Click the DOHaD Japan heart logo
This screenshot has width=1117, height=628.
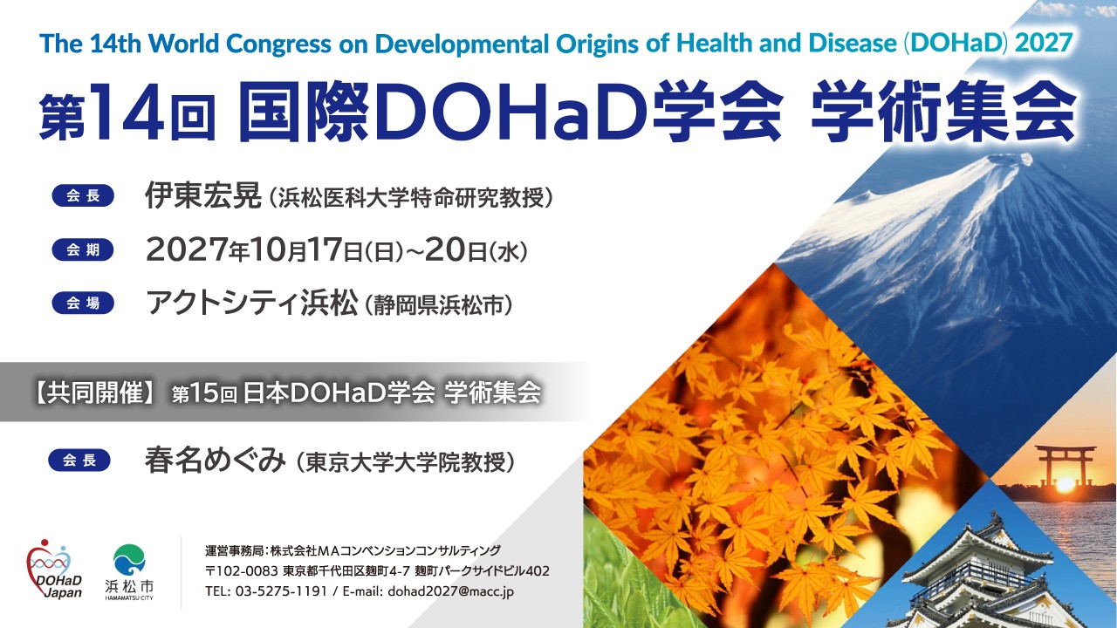click(x=54, y=570)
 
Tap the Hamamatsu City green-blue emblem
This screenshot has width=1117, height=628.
click(x=129, y=559)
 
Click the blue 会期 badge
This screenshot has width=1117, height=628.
click(x=83, y=249)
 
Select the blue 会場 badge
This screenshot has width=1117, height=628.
click(x=83, y=303)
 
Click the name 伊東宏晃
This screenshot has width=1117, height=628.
click(x=203, y=195)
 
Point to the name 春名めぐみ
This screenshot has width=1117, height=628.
click(x=216, y=461)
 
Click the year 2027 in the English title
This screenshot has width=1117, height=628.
click(x=1044, y=43)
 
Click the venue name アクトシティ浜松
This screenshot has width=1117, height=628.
click(x=252, y=303)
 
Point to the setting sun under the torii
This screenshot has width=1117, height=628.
click(x=1066, y=482)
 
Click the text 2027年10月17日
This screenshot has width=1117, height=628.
click(x=254, y=249)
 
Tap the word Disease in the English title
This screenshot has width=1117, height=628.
click(x=853, y=44)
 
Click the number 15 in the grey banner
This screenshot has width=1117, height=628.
click(x=205, y=393)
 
